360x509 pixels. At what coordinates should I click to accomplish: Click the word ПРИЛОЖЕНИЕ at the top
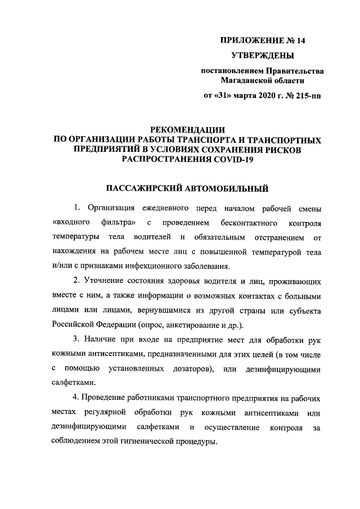coord(247,40)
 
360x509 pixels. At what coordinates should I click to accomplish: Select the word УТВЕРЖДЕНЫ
coord(263,56)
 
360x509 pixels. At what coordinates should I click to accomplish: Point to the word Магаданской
coord(248,80)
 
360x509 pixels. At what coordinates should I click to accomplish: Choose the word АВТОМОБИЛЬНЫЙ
coord(226,187)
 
